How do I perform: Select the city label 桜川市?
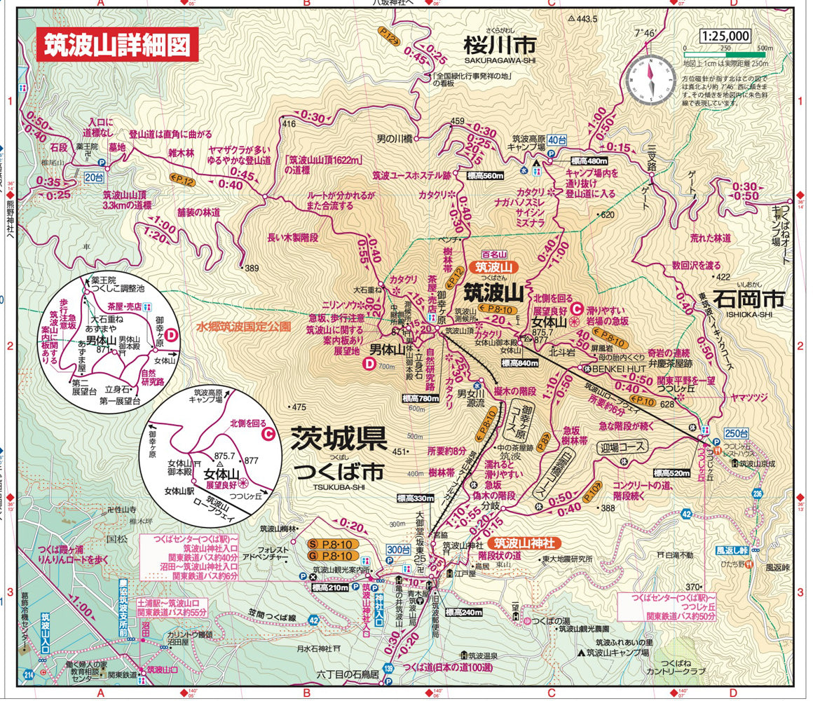tap(499, 46)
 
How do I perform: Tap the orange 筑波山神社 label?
tap(524, 543)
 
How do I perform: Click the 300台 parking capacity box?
tap(399, 549)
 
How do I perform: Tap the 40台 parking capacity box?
tap(557, 139)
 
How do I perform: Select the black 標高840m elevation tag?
tap(521, 363)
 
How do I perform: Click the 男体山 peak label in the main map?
tap(384, 348)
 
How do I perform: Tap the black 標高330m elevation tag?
tap(416, 498)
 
